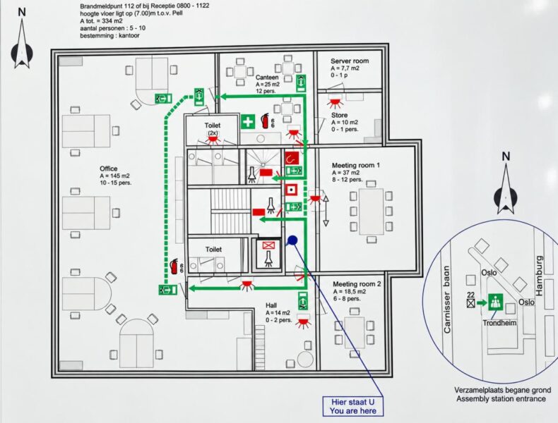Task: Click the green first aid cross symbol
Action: (x=248, y=122)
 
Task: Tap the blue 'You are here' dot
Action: (x=292, y=240)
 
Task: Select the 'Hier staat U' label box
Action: (x=353, y=406)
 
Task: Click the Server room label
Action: (x=350, y=61)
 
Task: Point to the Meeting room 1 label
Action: (x=355, y=165)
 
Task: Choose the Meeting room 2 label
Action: (x=357, y=284)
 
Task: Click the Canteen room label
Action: (x=267, y=78)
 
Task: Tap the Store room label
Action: (x=339, y=115)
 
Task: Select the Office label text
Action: (x=109, y=168)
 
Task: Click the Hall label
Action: (x=271, y=305)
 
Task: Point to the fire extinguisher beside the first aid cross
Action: (x=265, y=121)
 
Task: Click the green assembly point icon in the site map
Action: (x=495, y=302)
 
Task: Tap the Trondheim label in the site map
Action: (x=499, y=323)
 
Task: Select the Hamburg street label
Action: (x=540, y=276)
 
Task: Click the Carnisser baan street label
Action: (x=447, y=300)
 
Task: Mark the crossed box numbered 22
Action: (x=471, y=303)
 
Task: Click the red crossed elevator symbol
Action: (x=268, y=245)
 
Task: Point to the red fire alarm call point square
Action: (x=292, y=190)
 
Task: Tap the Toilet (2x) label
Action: (x=213, y=128)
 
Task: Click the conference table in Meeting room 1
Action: (x=371, y=211)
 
